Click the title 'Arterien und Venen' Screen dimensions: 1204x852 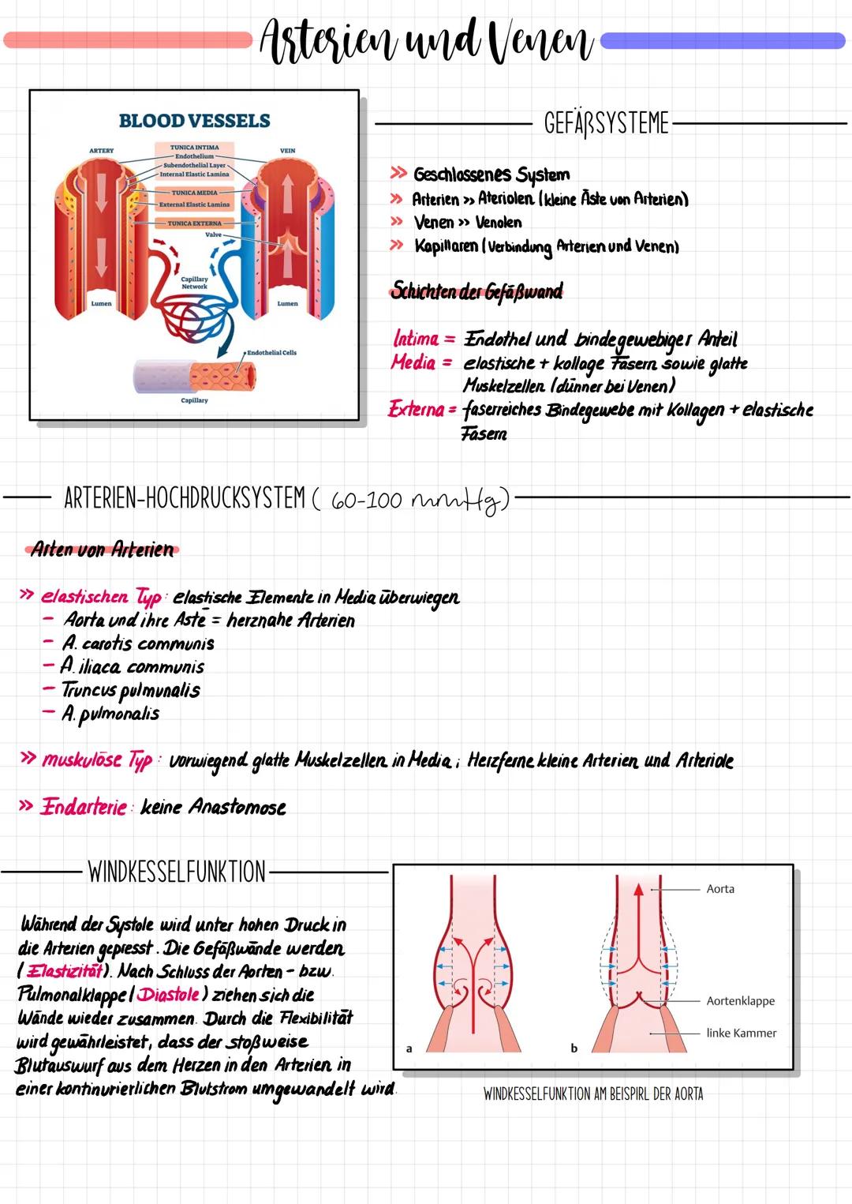pos(426,41)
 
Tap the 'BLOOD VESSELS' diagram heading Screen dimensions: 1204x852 pos(194,121)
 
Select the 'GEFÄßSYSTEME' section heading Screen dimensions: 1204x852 pos(606,124)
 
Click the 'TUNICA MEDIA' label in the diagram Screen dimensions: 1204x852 pos(195,193)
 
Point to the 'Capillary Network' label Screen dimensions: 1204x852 pos(194,283)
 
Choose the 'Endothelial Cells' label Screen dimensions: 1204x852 pos(271,353)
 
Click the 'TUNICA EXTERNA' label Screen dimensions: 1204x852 pos(194,223)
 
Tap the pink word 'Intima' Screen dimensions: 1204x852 pos(416,339)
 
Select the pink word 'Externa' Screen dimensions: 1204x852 pos(417,409)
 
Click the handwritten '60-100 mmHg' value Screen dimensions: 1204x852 pos(419,501)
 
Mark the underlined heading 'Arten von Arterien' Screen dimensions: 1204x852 pos(102,549)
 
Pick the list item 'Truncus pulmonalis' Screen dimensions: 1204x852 pos(131,690)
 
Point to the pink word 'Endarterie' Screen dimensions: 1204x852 pos(84,807)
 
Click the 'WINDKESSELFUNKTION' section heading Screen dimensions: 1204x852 pos(177,872)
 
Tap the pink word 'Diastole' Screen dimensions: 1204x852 pos(168,995)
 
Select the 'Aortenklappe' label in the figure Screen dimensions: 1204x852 pos(740,1001)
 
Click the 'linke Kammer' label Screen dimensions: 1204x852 pos(741,1033)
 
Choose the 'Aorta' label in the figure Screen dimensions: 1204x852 pos(720,889)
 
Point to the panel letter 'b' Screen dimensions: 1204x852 pos(574,1048)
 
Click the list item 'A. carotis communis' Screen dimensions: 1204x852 pos(138,643)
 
